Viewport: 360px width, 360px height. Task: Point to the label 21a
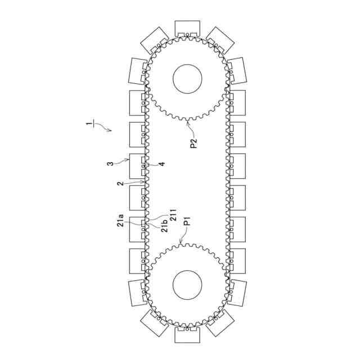tap(120, 220)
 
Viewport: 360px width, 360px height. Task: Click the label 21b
tap(165, 226)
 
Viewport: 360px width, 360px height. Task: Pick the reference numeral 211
tap(174, 215)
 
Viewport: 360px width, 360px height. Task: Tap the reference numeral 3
tap(111, 164)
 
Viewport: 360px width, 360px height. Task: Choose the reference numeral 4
tap(162, 164)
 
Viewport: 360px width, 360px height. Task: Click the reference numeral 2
tap(121, 184)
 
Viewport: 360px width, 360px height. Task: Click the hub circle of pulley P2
tap(187, 79)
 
